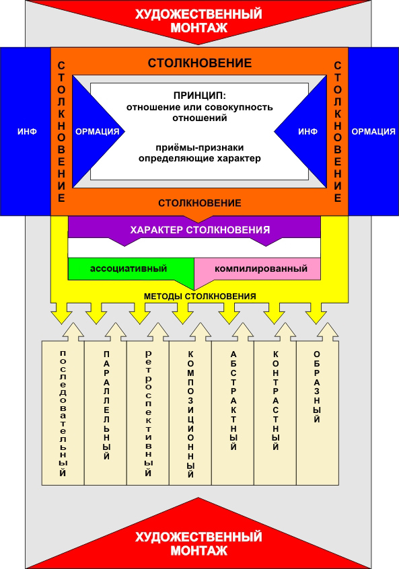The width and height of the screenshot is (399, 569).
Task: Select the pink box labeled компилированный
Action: tap(258, 269)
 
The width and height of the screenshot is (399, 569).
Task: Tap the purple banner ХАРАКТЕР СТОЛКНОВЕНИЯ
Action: tap(194, 230)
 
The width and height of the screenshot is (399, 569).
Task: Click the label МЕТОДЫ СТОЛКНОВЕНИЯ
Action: tap(200, 296)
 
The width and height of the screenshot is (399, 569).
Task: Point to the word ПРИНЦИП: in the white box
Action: tap(200, 96)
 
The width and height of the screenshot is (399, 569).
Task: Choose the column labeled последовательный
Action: tap(63, 412)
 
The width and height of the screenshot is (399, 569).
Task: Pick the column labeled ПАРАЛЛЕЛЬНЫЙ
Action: tap(106, 412)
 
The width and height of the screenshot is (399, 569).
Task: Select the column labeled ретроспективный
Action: tap(148, 412)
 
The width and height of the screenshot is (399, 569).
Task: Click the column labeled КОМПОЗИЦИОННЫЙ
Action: tap(190, 412)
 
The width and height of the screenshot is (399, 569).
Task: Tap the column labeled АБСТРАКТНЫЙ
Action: tap(233, 412)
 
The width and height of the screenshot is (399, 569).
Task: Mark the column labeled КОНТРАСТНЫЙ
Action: tap(276, 412)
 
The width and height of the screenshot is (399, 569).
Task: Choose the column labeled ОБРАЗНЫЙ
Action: tap(318, 412)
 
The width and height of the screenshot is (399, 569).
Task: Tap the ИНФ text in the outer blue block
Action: tap(27, 131)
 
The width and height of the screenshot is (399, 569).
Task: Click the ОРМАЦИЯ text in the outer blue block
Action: tap(373, 131)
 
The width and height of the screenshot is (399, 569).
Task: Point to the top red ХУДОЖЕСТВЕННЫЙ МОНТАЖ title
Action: tap(199, 21)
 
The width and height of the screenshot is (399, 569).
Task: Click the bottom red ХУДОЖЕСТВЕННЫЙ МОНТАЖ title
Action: tap(199, 543)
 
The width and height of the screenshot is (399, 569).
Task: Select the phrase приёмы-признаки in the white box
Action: tap(200, 148)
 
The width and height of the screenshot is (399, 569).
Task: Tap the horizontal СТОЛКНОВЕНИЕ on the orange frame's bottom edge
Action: tap(200, 203)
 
